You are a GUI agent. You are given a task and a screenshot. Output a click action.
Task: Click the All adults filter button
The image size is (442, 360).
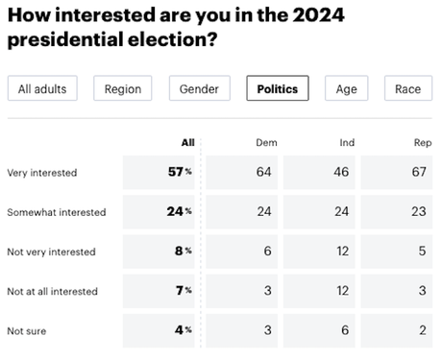point(41,89)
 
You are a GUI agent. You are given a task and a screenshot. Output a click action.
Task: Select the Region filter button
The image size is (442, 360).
point(122,89)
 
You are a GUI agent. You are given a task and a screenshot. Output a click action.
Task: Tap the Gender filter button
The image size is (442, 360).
point(199,89)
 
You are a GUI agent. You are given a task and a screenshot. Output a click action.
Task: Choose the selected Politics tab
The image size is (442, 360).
point(278,89)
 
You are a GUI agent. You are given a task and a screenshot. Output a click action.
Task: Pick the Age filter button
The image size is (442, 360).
point(346,89)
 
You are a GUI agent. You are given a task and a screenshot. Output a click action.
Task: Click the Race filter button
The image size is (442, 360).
point(407,89)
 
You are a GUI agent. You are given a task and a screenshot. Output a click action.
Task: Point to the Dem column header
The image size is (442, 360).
point(266,142)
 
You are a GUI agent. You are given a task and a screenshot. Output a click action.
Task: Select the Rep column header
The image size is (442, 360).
point(422,142)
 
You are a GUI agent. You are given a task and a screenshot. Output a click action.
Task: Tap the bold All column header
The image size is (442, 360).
point(187,142)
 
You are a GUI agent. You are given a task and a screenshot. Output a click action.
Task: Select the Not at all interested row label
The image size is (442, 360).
point(53,290)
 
